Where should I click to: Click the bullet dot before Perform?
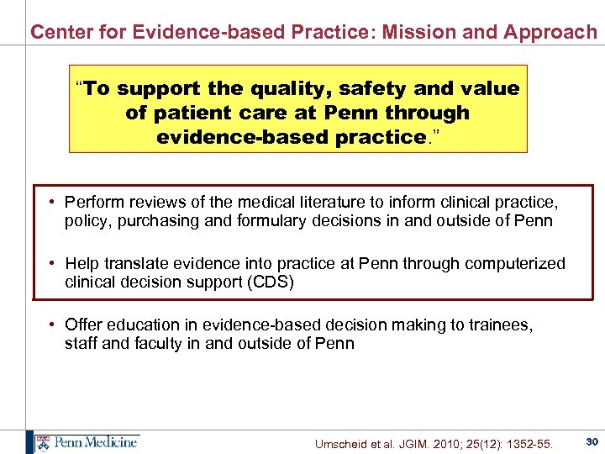click(52, 203)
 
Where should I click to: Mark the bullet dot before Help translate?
click(52, 264)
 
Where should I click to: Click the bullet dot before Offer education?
click(52, 325)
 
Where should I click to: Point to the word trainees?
click(500, 325)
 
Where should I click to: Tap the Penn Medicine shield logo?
click(42, 442)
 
